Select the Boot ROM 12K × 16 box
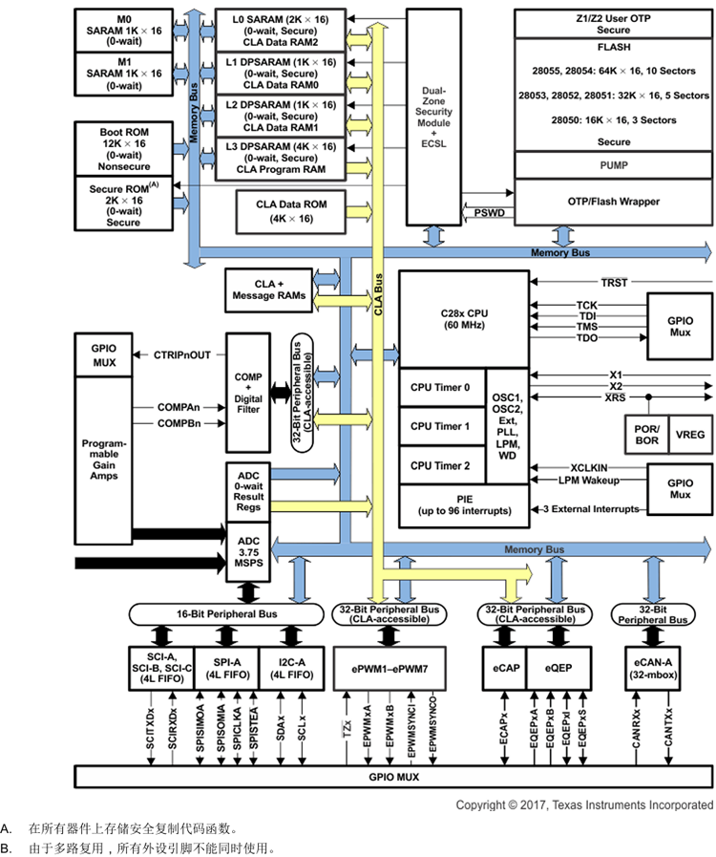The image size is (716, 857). pos(124,148)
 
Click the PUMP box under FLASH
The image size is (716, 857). pos(613,165)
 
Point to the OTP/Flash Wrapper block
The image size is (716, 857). pos(613,202)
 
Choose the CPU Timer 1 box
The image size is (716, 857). pos(441,426)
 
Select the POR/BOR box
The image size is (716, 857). pos(645,433)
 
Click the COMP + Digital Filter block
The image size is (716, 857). pos(248,392)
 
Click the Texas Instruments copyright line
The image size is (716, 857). pos(583,804)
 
